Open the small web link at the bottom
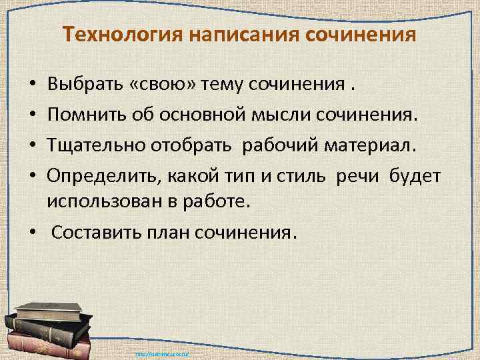(163, 354)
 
